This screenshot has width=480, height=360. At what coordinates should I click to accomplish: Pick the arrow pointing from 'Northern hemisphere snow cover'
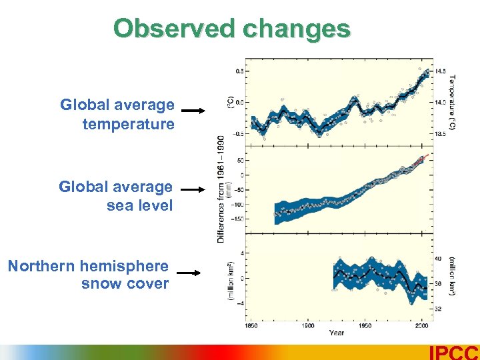pos(188,273)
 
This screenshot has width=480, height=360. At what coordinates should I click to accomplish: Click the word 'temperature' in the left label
pos(129,124)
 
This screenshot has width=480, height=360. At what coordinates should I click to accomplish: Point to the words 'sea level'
pos(139,205)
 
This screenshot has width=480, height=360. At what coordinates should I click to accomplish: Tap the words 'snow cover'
pos(125,284)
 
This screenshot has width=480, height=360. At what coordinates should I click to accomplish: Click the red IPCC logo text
pos(454,353)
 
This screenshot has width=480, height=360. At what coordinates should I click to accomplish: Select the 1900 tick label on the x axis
pos(308,326)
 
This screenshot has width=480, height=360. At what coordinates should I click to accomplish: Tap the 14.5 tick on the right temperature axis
pos(441,71)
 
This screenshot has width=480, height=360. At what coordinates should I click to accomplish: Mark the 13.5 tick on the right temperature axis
pos(441,134)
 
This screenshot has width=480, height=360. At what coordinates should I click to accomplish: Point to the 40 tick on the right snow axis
pos(438,259)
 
